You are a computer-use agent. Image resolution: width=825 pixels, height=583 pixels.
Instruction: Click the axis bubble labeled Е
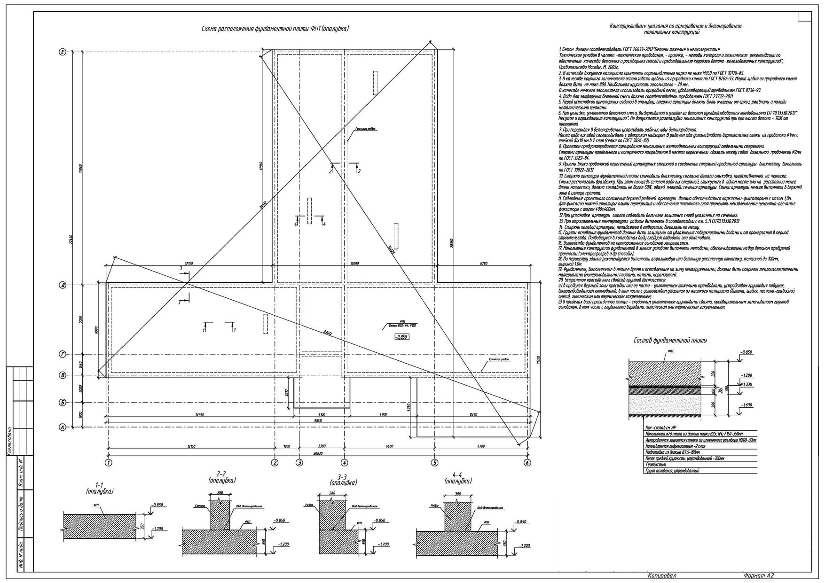coord(62,52)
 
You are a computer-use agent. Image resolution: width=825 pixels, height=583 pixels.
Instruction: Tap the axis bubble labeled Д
coord(62,285)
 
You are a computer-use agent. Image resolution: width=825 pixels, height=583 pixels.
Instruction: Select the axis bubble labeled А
coord(62,428)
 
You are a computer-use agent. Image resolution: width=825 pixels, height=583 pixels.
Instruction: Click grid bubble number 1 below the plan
coord(109,463)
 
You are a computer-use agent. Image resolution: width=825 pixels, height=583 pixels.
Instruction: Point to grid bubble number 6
coord(527,463)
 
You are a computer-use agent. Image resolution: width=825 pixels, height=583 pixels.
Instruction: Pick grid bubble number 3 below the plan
coord(299,463)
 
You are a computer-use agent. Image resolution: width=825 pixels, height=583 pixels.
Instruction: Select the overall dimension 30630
coord(319,453)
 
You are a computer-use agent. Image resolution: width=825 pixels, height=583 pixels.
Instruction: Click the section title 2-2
coord(221,474)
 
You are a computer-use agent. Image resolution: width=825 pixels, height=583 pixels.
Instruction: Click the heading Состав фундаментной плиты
coord(670,340)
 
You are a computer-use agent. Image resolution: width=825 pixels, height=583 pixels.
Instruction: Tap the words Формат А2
coord(759,575)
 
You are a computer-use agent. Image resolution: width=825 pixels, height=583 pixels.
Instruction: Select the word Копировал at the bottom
coord(662,575)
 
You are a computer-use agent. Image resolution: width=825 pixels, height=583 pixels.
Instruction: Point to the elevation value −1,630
coord(746,404)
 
